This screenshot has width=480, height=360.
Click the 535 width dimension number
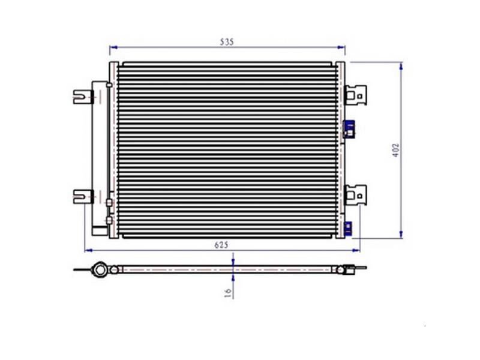click(x=227, y=42)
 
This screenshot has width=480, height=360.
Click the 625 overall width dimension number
click(x=221, y=245)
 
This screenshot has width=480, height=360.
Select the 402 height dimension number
click(x=396, y=151)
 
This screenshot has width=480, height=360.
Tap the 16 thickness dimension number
click(x=228, y=293)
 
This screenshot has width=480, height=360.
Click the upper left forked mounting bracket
click(x=83, y=97)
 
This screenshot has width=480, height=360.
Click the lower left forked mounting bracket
click(x=83, y=197)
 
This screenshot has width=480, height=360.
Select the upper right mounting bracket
click(x=355, y=95)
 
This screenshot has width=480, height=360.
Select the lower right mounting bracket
click(x=355, y=195)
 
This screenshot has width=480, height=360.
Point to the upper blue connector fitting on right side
click(x=349, y=129)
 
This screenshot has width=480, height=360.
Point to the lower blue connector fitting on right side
click(x=348, y=229)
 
